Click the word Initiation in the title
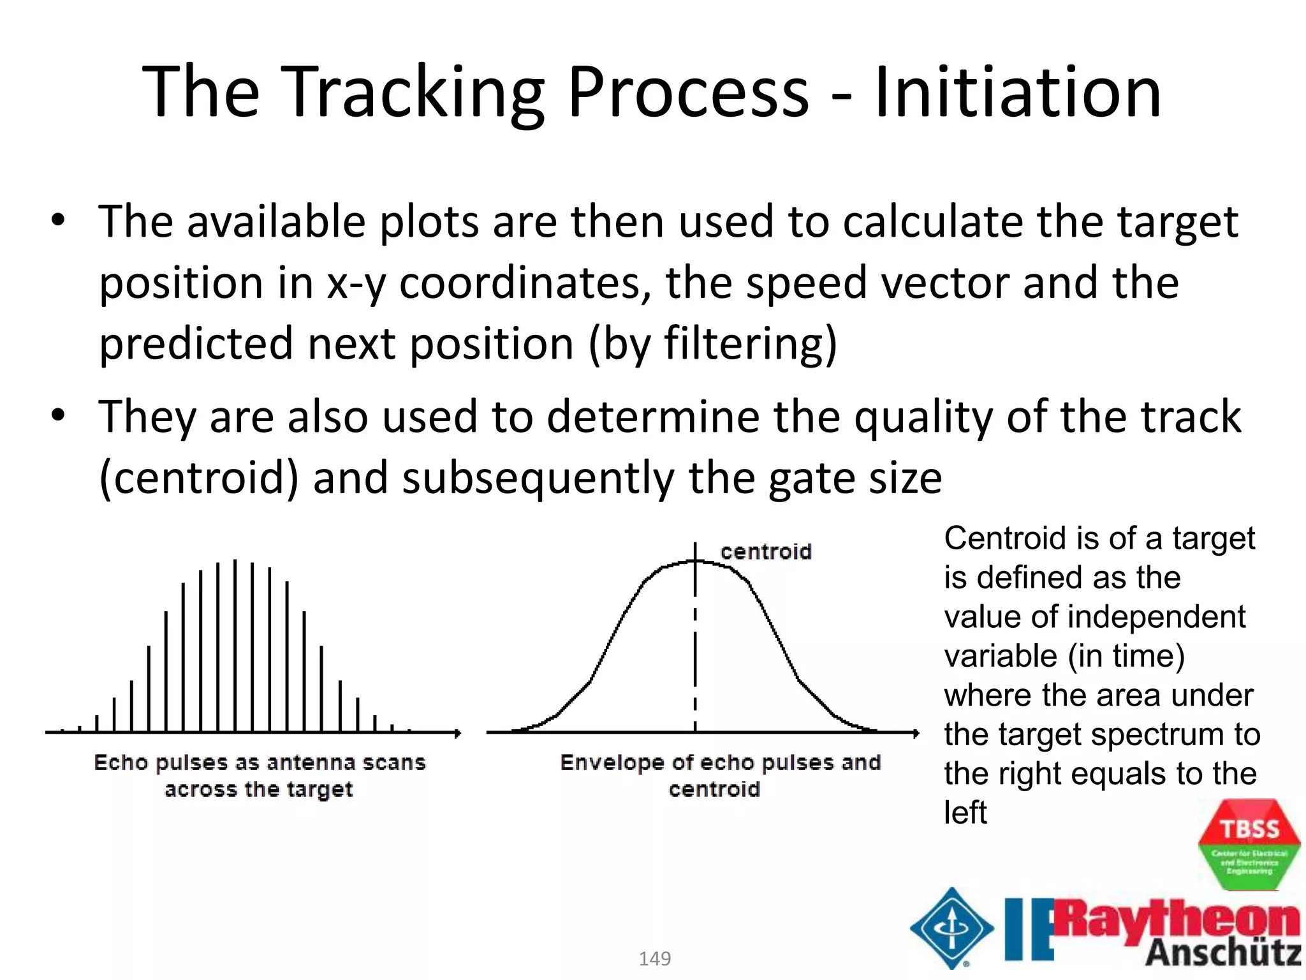tap(1018, 93)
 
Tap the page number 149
tap(655, 958)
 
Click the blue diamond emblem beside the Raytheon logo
tap(952, 928)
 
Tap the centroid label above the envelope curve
tap(766, 552)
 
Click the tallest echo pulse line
tap(235, 644)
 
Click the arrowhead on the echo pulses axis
tap(457, 732)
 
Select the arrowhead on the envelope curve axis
tap(916, 733)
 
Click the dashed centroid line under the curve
tap(695, 664)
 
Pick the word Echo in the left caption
tap(121, 762)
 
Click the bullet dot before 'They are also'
tap(58, 416)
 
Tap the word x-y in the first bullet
tap(356, 283)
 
